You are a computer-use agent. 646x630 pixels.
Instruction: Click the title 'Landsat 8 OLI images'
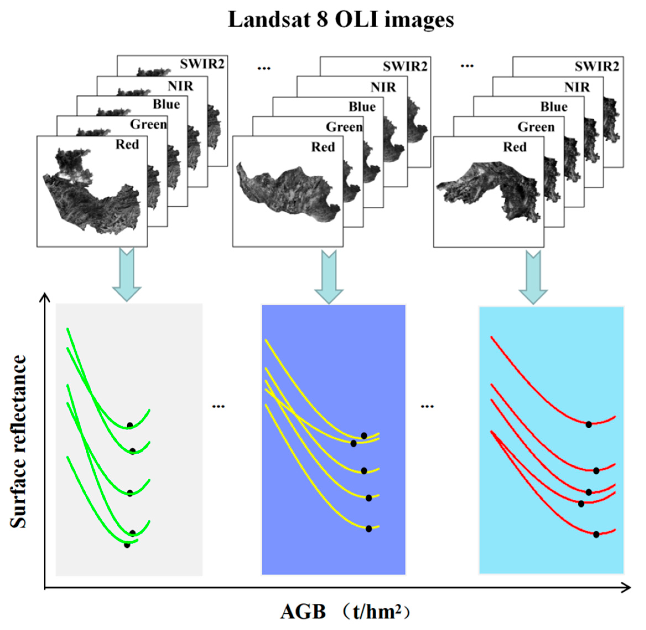pyautogui.click(x=341, y=20)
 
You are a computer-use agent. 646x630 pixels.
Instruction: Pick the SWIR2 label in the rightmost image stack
pyautogui.click(x=596, y=66)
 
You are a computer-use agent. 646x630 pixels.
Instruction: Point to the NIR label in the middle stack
pyautogui.click(x=383, y=87)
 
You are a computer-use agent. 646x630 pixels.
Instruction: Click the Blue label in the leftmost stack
pyautogui.click(x=166, y=104)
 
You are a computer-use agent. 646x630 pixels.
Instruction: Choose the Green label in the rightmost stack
pyautogui.click(x=536, y=127)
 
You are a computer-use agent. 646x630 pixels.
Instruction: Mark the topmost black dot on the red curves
pyautogui.click(x=588, y=424)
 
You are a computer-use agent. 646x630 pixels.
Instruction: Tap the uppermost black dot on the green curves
pyautogui.click(x=130, y=425)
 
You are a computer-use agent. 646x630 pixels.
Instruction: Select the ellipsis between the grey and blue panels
pyautogui.click(x=218, y=406)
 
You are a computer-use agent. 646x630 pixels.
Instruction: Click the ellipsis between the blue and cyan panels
pyautogui.click(x=427, y=406)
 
